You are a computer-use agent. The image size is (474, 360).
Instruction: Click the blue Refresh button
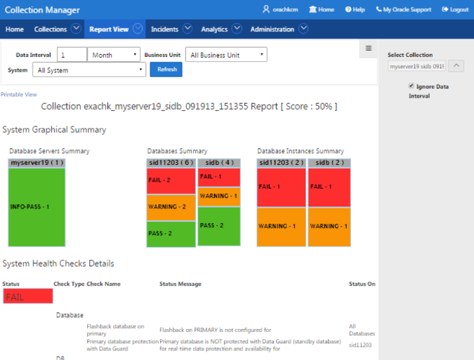pos(166,69)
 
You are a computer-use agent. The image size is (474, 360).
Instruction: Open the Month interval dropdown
pos(114,55)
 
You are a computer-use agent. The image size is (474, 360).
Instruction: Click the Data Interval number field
pos(72,55)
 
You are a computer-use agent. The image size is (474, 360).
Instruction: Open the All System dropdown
pos(89,70)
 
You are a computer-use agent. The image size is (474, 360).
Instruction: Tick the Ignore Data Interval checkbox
pos(412,86)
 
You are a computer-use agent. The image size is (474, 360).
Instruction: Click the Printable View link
pos(19,94)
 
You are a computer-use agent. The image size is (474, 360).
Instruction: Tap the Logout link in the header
pos(455,10)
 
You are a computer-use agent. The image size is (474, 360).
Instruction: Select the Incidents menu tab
pos(165,29)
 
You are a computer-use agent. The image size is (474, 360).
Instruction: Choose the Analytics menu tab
pos(214,29)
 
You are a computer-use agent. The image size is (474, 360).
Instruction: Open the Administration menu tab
pos(272,29)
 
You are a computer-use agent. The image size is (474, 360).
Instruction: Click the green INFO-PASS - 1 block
pos(37,207)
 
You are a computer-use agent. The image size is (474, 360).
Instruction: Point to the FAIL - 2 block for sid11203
pos(171,180)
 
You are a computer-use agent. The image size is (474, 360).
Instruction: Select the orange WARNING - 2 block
pos(171,207)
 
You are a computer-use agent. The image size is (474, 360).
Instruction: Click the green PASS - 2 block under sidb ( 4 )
pos(218,225)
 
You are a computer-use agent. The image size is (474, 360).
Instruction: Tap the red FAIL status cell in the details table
pos(27,297)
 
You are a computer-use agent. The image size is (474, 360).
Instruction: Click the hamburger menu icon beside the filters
pos(369,48)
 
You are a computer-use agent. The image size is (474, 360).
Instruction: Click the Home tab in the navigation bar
pos(15,29)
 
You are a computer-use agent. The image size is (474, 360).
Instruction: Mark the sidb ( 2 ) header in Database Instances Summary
pos(330,163)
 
